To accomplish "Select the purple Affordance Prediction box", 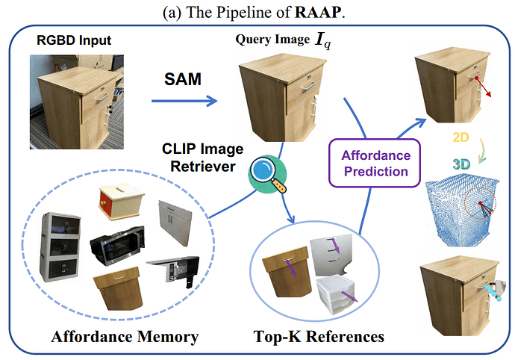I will click(375, 163).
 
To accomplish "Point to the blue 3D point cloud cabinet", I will click(461, 204).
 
